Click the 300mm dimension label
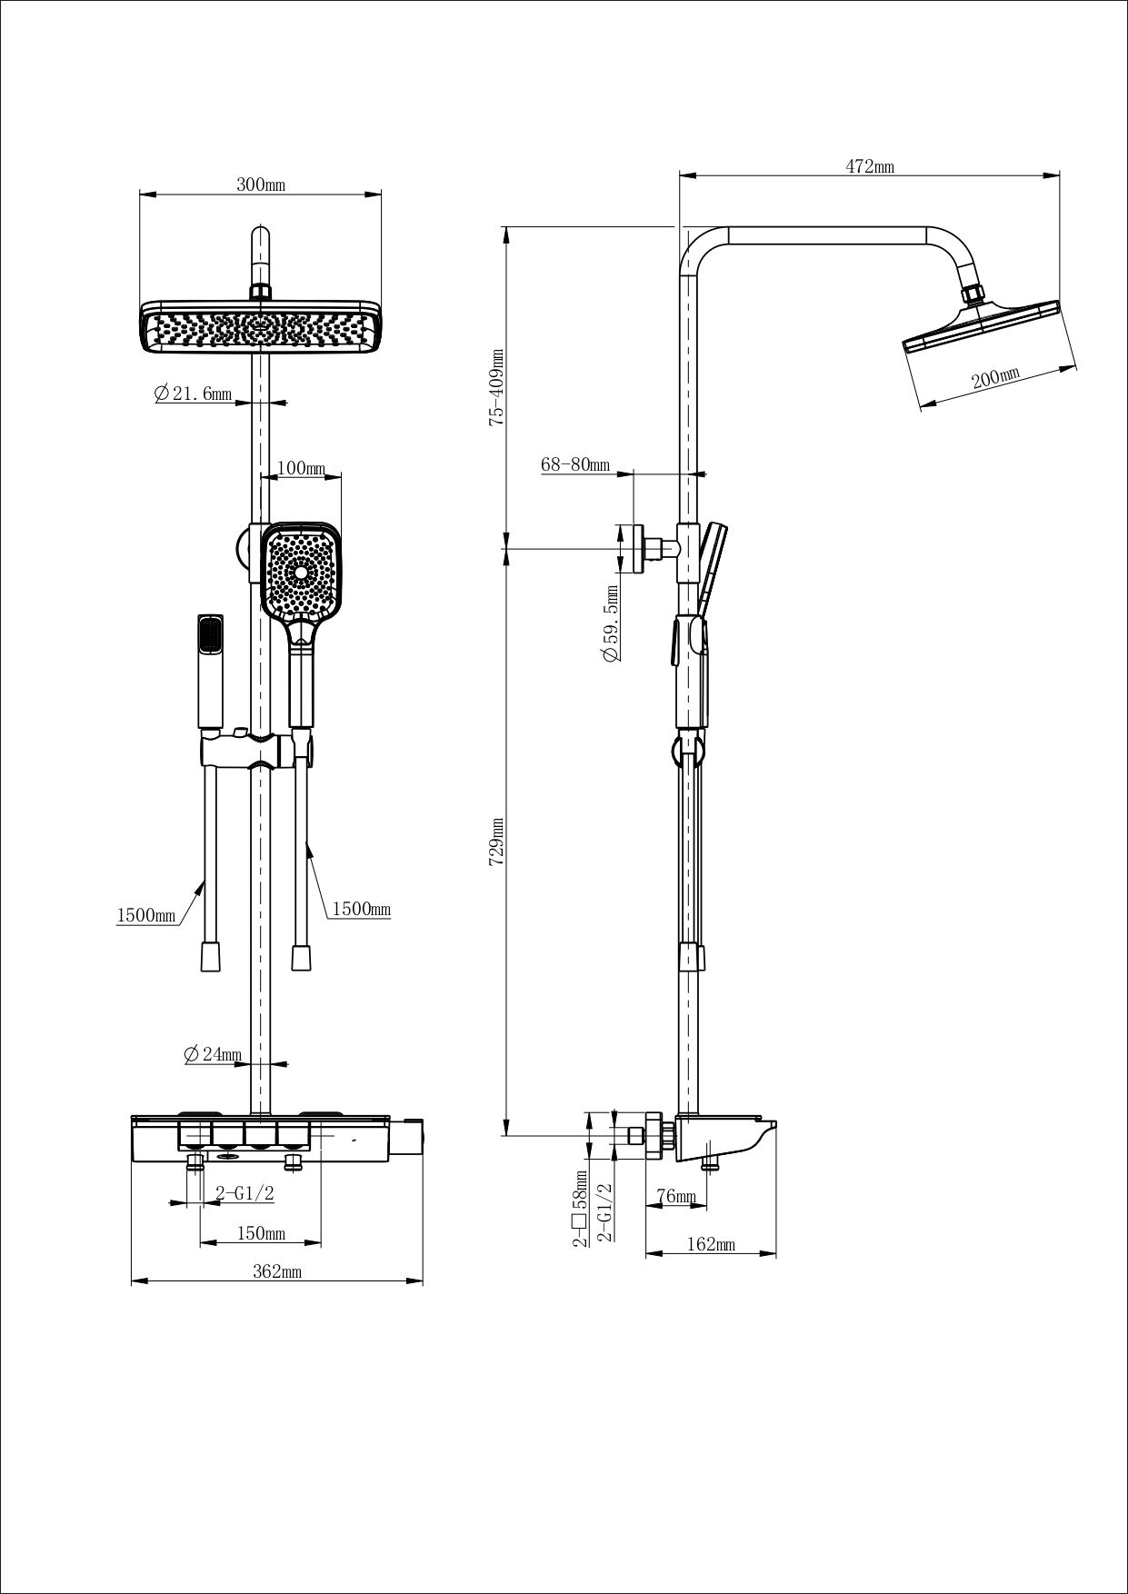261,184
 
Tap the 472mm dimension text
870,166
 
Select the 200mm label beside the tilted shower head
995,377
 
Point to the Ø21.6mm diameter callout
193,394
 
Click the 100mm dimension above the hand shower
301,468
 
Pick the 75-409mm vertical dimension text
496,386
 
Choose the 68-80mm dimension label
574,464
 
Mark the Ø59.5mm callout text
611,624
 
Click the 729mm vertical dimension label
496,841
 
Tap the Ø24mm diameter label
213,1054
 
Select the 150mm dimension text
261,1233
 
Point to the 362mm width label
276,1271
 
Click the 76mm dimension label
675,1196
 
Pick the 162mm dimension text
711,1244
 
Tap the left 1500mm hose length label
145,915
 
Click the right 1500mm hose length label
361,909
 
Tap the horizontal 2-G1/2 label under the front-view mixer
245,1193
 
